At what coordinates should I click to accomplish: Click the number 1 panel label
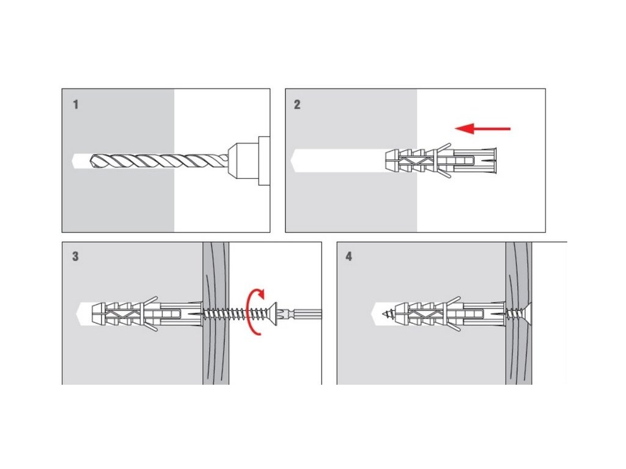coord(76,104)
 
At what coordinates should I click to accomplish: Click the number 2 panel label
coord(297,104)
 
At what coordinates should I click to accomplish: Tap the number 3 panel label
coord(75,256)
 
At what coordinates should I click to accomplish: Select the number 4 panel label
coord(348,256)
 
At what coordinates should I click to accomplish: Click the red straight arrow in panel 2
coord(483,128)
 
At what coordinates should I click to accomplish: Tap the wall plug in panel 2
coord(440,161)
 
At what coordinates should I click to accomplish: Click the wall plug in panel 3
coord(147,313)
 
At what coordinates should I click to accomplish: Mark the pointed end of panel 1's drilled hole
coord(75,161)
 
